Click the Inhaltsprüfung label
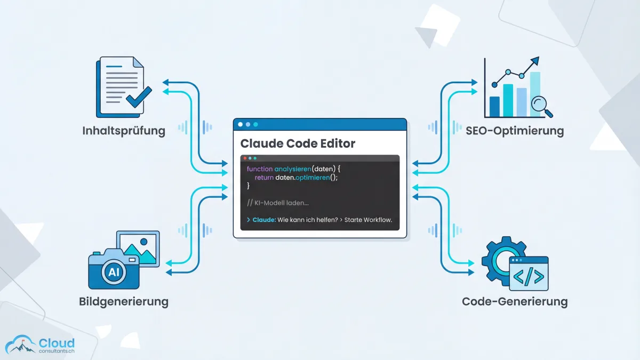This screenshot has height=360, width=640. pos(124,131)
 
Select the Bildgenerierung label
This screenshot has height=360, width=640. pos(124,302)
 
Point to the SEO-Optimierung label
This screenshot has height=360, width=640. pos(514,131)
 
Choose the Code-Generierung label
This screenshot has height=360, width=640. pos(514,302)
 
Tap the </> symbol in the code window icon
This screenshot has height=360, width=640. pos(529,277)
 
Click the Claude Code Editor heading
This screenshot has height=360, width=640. pos(298,143)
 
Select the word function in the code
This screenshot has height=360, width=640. pos(260,169)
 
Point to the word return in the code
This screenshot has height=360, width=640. pos(264,178)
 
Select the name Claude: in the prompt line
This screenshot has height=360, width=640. pos(264,220)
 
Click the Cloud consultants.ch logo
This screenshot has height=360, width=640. pos(40,345)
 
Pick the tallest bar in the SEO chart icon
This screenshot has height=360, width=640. pos(535,94)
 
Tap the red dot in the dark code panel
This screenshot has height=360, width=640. pos(245,158)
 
